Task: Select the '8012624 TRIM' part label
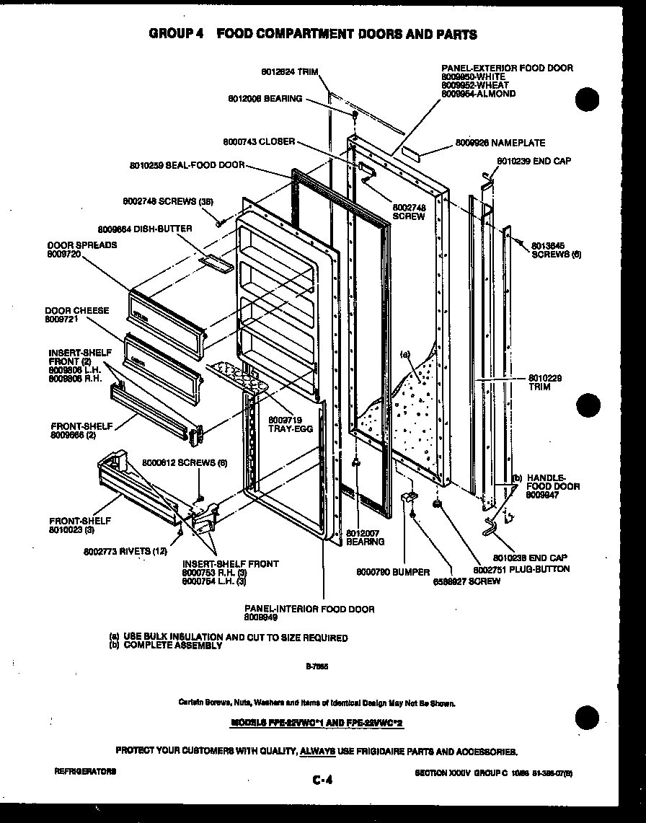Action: click(x=289, y=72)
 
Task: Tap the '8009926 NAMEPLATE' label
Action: click(x=500, y=144)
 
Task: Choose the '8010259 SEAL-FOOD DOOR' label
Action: click(x=187, y=165)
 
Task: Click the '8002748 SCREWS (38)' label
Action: click(x=167, y=201)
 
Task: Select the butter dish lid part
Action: click(x=217, y=263)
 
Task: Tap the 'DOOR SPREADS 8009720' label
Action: click(x=81, y=250)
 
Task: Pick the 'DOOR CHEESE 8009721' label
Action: click(x=76, y=314)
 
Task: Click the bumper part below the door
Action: click(x=408, y=499)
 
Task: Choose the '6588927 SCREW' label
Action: click(x=466, y=581)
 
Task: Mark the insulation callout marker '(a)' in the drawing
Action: click(x=405, y=354)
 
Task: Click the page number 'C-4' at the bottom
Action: click(x=322, y=779)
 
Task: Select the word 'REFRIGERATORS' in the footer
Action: click(x=84, y=771)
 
